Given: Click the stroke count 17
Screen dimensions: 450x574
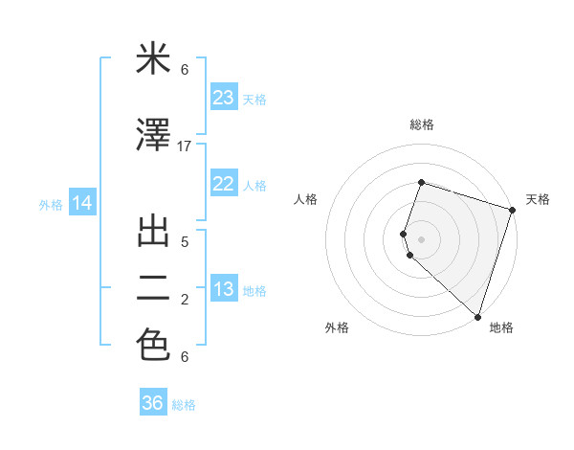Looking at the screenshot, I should (x=185, y=146).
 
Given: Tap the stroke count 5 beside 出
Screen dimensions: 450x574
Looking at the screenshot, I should (x=185, y=241).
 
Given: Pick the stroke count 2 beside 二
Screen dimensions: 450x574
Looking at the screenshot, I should (x=185, y=300).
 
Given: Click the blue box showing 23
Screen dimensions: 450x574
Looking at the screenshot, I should (x=224, y=98).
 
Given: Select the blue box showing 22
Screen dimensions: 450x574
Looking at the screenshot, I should (x=224, y=185).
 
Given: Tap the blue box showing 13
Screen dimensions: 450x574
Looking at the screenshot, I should (x=224, y=290).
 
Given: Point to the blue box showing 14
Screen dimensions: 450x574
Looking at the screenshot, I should (x=81, y=203).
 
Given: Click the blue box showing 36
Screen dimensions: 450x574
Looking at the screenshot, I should (x=153, y=403).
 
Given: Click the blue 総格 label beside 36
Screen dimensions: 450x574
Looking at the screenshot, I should (x=184, y=405).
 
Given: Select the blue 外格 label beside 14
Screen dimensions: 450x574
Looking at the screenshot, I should (x=51, y=204).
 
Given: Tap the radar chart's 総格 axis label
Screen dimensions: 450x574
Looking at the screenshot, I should (x=421, y=124).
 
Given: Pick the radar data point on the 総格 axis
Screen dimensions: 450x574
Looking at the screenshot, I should (x=421, y=182).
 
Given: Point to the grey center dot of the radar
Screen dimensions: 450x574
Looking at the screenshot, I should (x=421, y=238).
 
